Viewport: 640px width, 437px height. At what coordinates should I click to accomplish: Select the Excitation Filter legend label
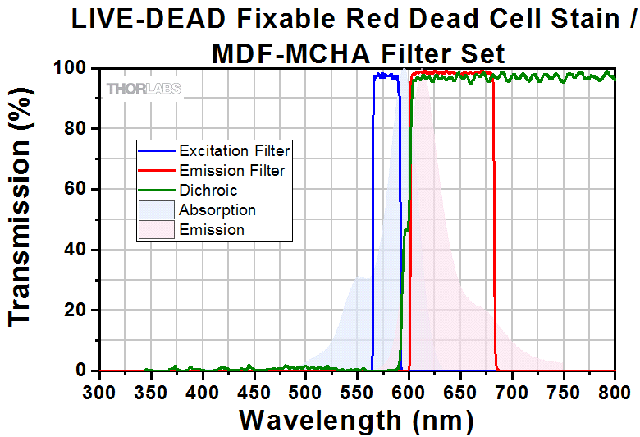(x=235, y=151)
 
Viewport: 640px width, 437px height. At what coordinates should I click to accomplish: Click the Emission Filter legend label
(x=232, y=171)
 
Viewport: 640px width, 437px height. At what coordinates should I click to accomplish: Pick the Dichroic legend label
(x=208, y=191)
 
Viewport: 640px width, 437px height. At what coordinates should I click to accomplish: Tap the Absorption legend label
(x=217, y=210)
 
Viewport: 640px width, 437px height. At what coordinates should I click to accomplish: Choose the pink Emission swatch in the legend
(x=156, y=230)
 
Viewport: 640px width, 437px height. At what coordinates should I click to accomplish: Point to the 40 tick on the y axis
(x=77, y=250)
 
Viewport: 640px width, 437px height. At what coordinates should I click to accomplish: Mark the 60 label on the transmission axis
(x=77, y=189)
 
